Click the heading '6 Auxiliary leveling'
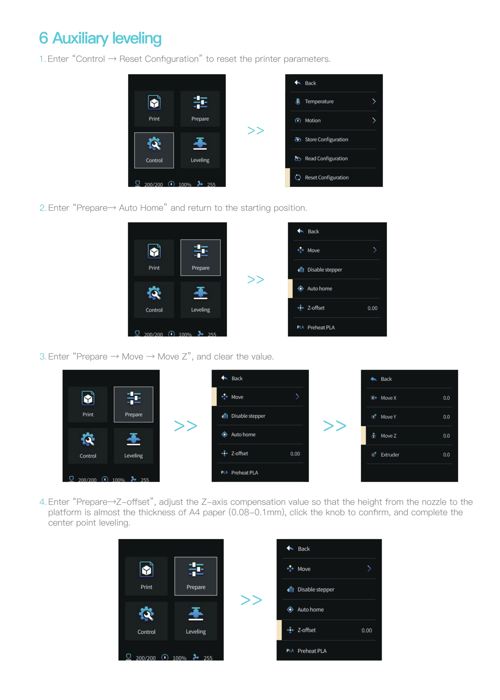tap(100, 38)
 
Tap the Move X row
tap(409, 398)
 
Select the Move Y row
tap(409, 417)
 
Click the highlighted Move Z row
tap(409, 436)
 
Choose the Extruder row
tap(409, 455)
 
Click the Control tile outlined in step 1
tap(154, 150)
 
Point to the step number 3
tap(42, 357)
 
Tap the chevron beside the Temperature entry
tap(374, 101)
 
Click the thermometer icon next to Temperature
tap(298, 101)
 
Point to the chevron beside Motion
tap(374, 120)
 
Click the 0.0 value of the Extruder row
tap(446, 455)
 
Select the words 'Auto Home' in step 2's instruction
tap(141, 208)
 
